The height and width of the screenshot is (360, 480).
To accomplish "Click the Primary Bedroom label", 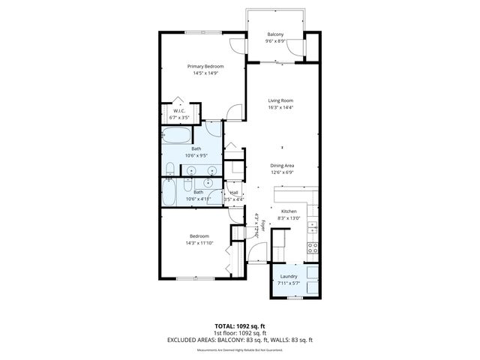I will point(205,66).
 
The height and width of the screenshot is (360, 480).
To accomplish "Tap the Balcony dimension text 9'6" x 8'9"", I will point(275,42).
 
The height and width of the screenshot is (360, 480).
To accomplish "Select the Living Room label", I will point(280,100).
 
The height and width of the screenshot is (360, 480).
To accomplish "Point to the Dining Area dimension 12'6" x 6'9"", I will point(282,172).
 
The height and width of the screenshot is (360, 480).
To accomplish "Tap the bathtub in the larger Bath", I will point(176,136).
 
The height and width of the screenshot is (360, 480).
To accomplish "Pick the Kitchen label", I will point(289,212).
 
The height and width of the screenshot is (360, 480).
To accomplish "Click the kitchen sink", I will point(315,226).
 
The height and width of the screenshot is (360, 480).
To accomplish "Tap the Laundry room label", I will point(289,276).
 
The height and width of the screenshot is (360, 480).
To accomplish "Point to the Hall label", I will point(234,192).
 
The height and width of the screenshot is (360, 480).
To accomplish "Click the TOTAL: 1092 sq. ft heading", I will point(240,325).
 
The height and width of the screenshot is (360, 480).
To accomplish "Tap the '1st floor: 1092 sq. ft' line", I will point(240,332).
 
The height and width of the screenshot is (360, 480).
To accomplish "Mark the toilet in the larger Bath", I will point(170,167).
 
